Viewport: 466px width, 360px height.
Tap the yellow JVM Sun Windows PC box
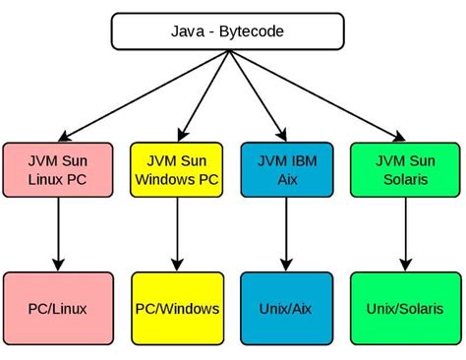click(x=177, y=169)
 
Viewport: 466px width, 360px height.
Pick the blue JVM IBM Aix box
click(x=285, y=169)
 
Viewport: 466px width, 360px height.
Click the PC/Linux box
click(x=57, y=309)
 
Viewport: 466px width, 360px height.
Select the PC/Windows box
click(x=177, y=309)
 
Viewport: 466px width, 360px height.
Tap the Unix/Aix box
click(x=285, y=309)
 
